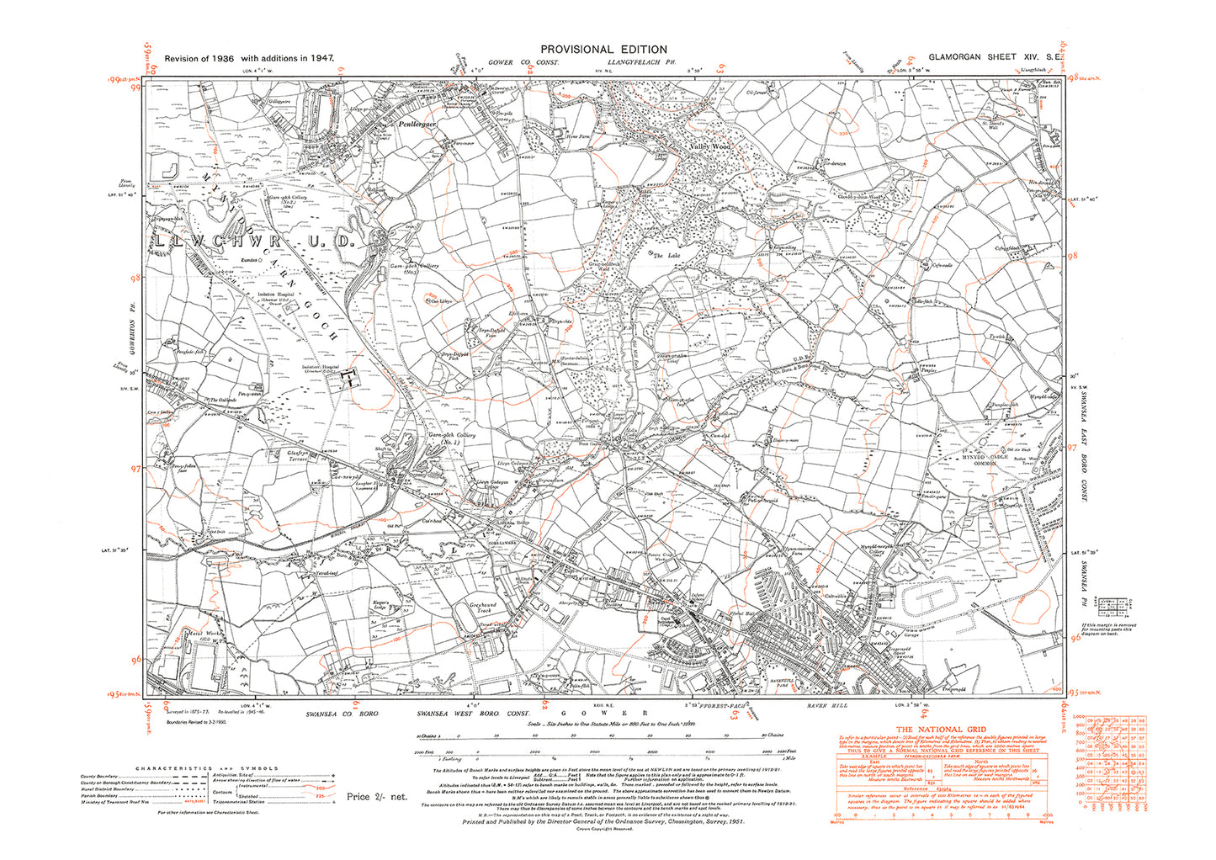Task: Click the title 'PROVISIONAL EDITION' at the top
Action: click(603, 50)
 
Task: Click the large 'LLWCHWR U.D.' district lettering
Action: click(257, 242)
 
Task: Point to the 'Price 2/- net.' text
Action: click(377, 796)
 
